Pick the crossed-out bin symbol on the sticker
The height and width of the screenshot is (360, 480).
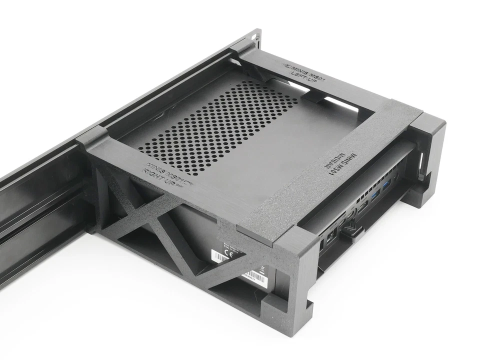263,270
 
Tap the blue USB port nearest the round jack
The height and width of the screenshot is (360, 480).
386,186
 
